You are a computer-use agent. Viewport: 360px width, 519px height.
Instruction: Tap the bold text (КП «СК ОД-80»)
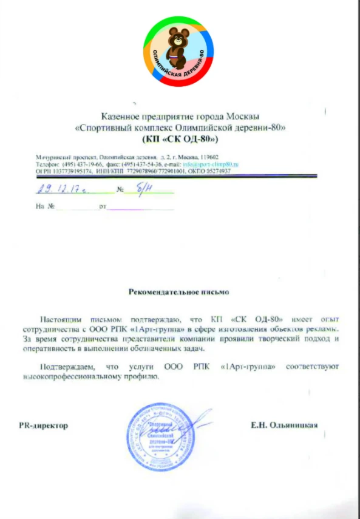[180, 138]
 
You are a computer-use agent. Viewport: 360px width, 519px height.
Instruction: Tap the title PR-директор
[43, 426]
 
